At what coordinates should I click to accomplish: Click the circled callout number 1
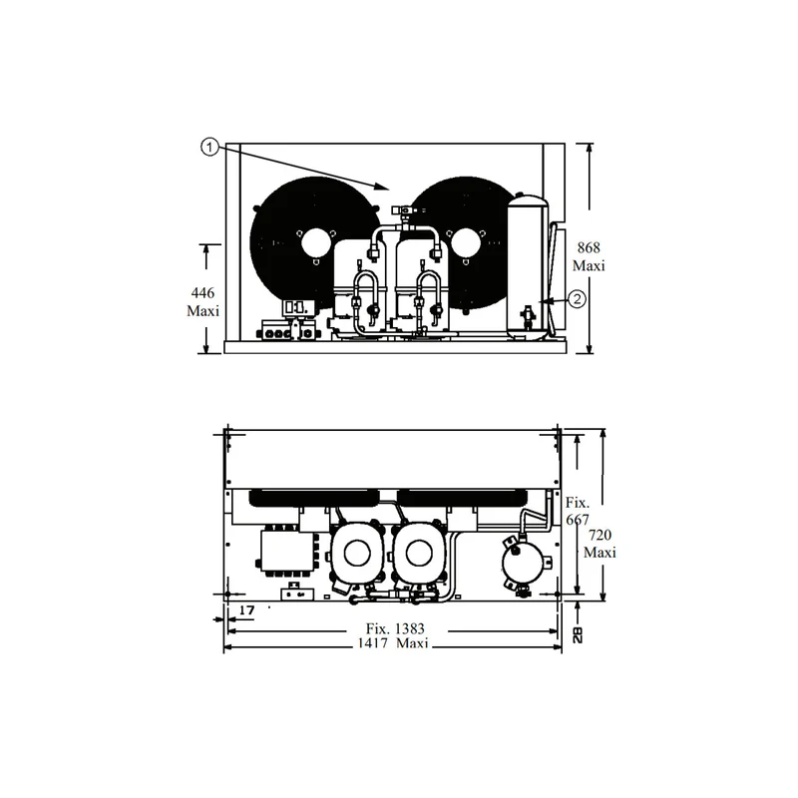pos(209,148)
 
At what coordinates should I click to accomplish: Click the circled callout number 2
pos(577,298)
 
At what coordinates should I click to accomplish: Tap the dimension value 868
pos(589,247)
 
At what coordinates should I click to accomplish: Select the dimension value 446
pos(202,292)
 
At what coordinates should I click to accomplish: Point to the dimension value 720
pos(600,535)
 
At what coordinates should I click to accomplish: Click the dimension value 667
pos(578,520)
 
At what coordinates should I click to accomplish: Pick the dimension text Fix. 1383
pos(395,629)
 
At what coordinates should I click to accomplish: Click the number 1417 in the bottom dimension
pos(373,643)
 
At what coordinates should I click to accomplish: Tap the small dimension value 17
pos(246,610)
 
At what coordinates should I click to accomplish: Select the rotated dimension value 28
pos(578,634)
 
